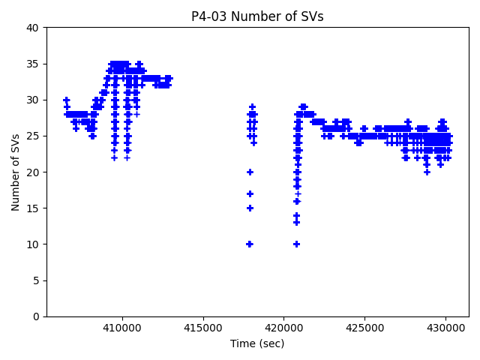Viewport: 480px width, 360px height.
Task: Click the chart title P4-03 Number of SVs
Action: [x=257, y=16]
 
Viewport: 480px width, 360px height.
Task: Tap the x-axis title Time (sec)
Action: [x=257, y=343]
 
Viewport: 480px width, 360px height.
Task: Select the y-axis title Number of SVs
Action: [x=16, y=172]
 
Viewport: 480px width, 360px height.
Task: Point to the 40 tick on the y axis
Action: [x=33, y=28]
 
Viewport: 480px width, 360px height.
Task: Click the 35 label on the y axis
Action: [x=33, y=64]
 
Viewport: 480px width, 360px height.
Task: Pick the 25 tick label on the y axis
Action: [x=33, y=136]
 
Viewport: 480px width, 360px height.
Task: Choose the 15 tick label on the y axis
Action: [x=33, y=208]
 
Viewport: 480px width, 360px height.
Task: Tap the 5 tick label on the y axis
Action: [x=36, y=280]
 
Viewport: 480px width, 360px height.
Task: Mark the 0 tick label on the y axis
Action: [x=36, y=316]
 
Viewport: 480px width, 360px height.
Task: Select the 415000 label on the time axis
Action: [x=203, y=328]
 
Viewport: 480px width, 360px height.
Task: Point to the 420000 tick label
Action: [x=284, y=328]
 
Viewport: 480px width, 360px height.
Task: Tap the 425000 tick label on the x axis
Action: [x=364, y=328]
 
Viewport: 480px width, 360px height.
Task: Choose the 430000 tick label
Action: [x=445, y=328]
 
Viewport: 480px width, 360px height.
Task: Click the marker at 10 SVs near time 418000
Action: [x=250, y=244]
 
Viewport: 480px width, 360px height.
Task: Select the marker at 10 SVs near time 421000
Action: [x=297, y=244]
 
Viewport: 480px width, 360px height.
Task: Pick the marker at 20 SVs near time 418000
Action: [x=250, y=172]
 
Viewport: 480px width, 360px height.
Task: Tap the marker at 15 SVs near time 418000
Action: [x=250, y=208]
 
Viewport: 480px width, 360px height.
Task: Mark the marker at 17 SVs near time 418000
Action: [x=250, y=193]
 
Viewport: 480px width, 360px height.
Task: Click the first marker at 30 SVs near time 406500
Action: [x=66, y=100]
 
